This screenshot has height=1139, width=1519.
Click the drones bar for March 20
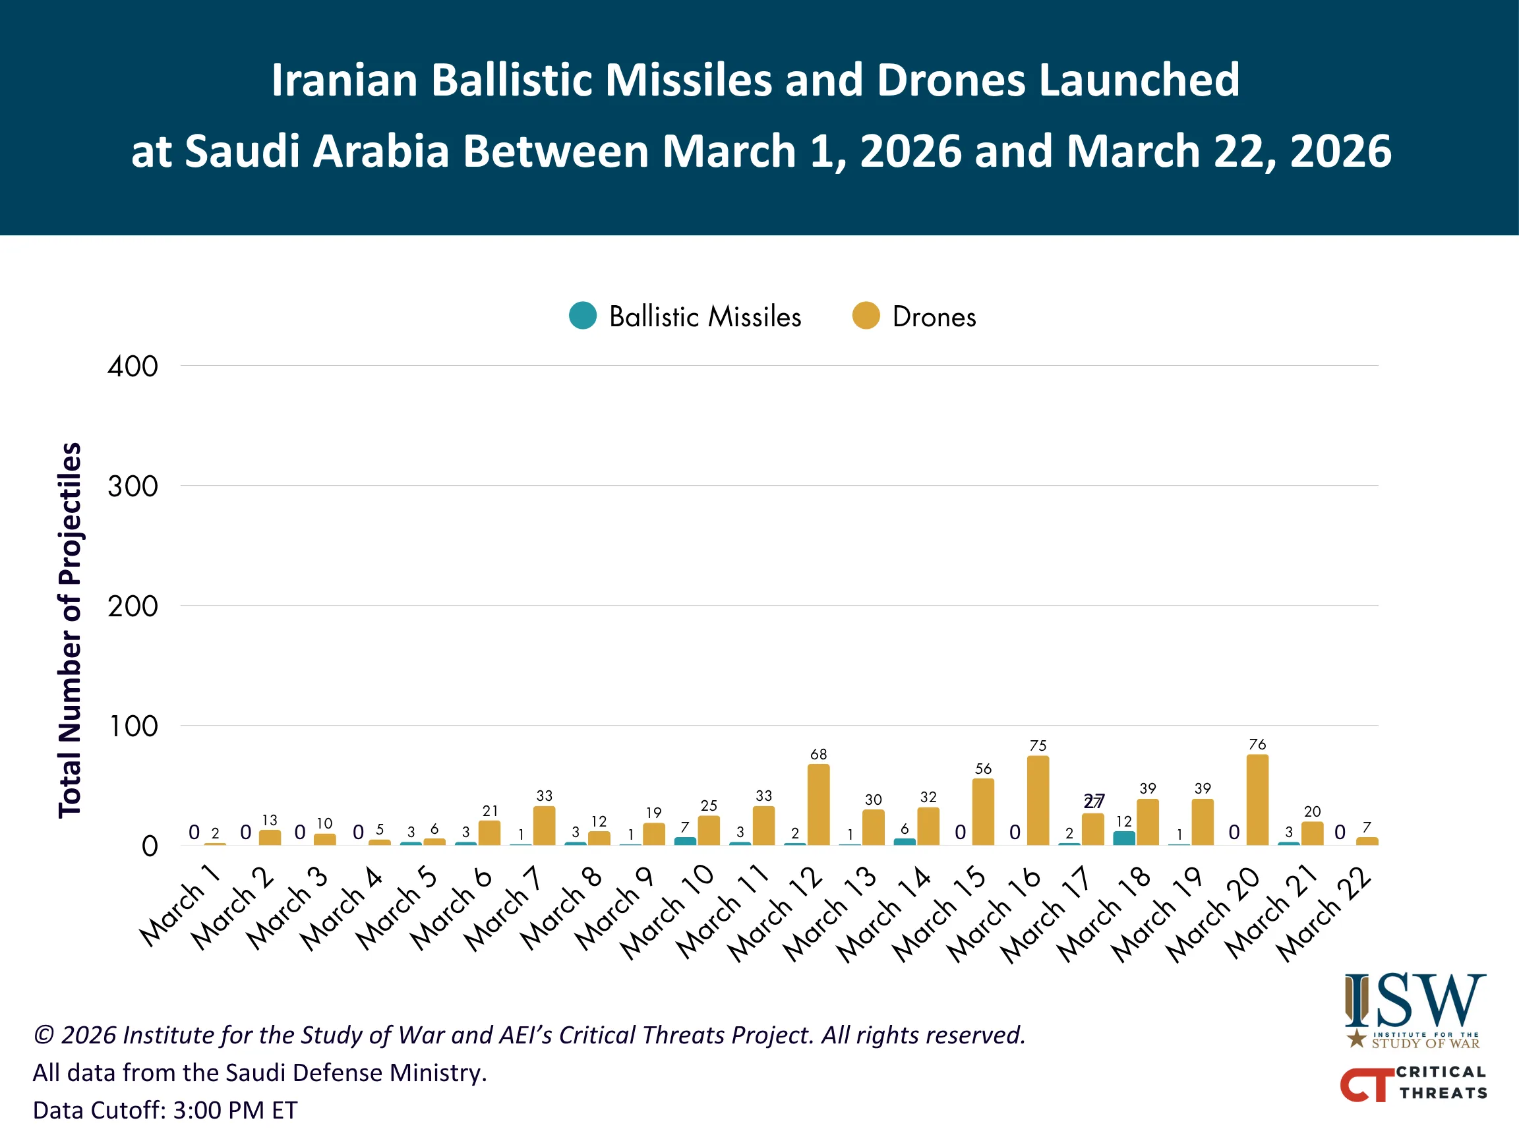click(x=1257, y=800)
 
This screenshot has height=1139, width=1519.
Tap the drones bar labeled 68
click(x=818, y=805)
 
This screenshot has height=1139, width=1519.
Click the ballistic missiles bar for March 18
click(x=1123, y=838)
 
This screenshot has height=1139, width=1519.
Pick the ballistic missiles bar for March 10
click(x=684, y=842)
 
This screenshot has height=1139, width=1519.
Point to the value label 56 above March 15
click(x=983, y=769)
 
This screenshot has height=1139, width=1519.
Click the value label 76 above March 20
click(x=1257, y=744)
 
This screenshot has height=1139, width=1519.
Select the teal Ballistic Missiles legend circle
click(x=583, y=316)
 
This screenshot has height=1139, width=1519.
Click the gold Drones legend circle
click(x=866, y=316)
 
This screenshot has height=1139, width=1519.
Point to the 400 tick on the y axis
click(x=133, y=366)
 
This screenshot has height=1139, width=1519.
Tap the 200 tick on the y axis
click(x=133, y=606)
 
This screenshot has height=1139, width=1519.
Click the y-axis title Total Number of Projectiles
click(x=69, y=629)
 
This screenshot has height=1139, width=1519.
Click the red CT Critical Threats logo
click(x=1367, y=1084)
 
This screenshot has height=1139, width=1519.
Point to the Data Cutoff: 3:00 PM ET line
click(x=165, y=1110)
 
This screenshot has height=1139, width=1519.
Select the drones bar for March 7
click(x=544, y=825)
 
